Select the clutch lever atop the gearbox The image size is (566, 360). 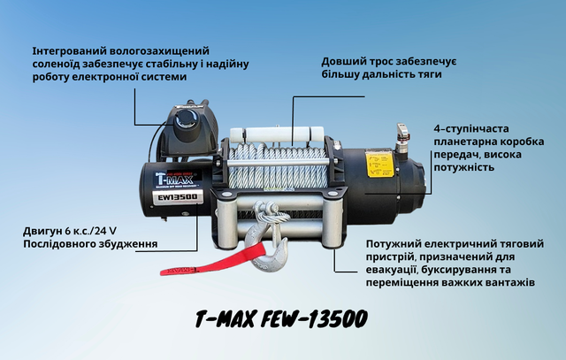click(400, 133)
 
